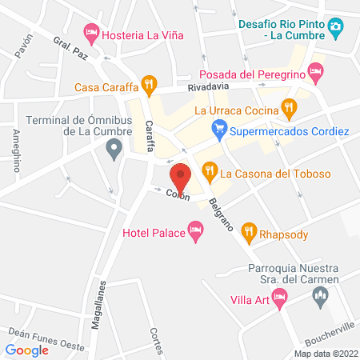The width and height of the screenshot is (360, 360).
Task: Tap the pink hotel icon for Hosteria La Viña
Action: pyautogui.click(x=92, y=33)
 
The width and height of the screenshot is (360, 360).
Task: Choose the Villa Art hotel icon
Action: pyautogui.click(x=279, y=299)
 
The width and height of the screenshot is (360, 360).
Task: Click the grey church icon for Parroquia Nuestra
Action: pyautogui.click(x=320, y=298)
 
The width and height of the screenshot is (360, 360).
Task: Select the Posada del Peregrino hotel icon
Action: pyautogui.click(x=317, y=73)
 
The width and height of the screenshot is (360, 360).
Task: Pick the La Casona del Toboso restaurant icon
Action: pyautogui.click(x=210, y=170)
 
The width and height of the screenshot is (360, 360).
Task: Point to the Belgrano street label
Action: pyautogui.click(x=221, y=214)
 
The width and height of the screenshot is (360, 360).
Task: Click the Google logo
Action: pyautogui.click(x=27, y=350)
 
